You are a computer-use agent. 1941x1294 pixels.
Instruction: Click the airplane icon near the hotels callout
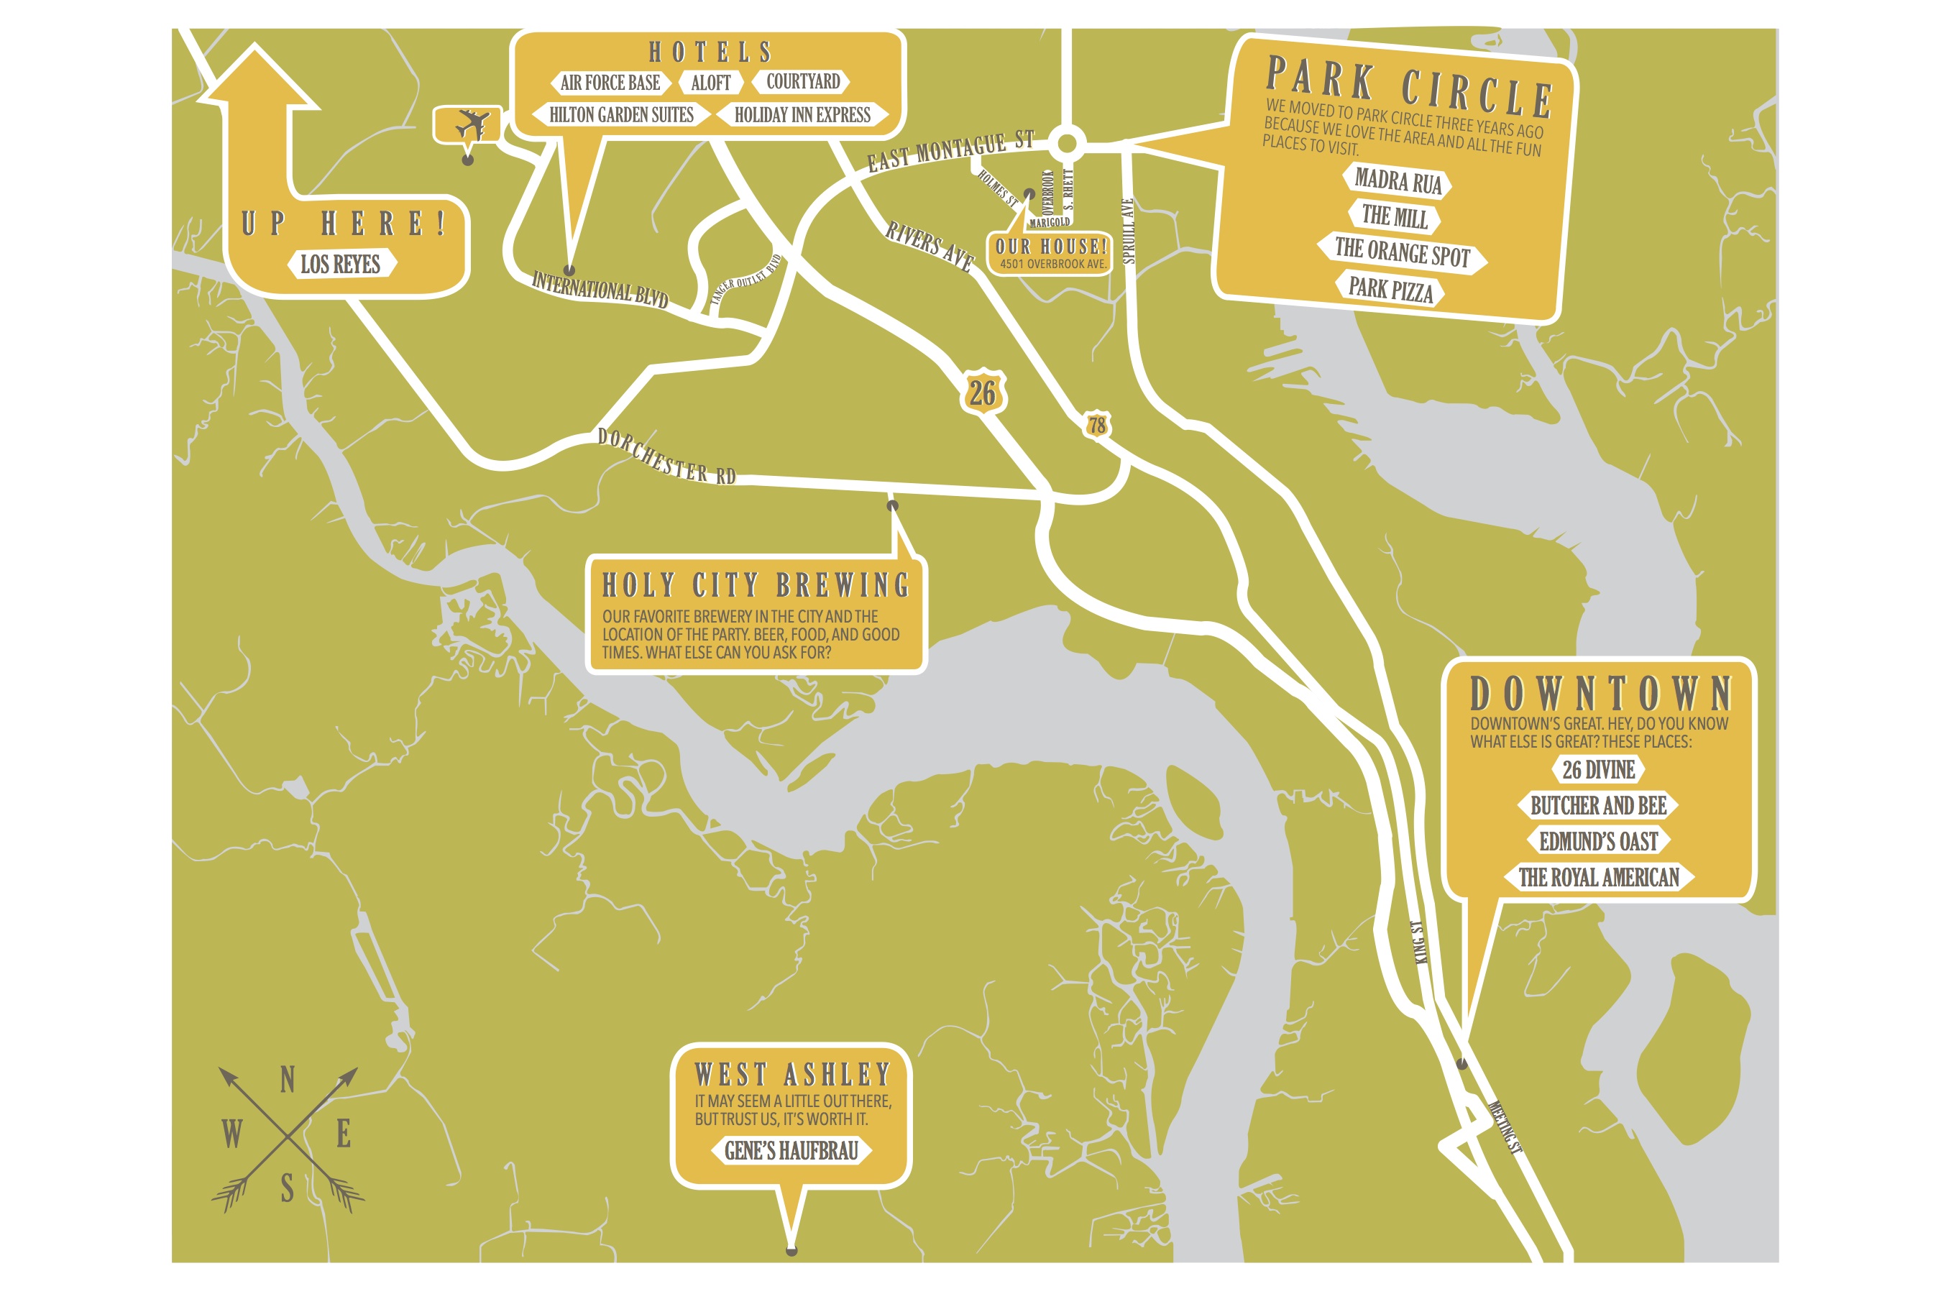coord(471,125)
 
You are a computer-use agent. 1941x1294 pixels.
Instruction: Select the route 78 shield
coord(1096,425)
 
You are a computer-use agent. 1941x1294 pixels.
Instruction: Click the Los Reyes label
coord(341,264)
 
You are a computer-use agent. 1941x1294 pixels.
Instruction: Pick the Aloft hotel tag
coord(710,83)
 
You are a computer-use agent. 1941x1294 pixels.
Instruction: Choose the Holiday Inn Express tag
coord(802,115)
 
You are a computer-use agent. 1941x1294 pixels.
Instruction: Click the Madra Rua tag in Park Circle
coord(1398,180)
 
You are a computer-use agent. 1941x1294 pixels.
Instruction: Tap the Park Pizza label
coord(1390,289)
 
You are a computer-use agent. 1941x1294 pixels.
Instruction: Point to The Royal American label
coord(1599,877)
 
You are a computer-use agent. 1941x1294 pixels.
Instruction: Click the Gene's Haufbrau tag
coord(791,1150)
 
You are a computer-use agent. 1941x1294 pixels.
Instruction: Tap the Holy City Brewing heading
coord(755,585)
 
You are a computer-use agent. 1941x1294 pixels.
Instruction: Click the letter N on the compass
coord(287,1080)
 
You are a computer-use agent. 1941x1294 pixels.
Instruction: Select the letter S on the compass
coord(287,1189)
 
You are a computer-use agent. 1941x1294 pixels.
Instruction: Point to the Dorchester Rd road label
coord(666,456)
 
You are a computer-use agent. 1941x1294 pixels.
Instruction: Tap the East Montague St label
coord(950,151)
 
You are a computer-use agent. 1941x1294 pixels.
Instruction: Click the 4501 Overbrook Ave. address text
coord(1052,264)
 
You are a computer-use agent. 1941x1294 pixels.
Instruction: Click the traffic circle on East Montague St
coord(1067,144)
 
